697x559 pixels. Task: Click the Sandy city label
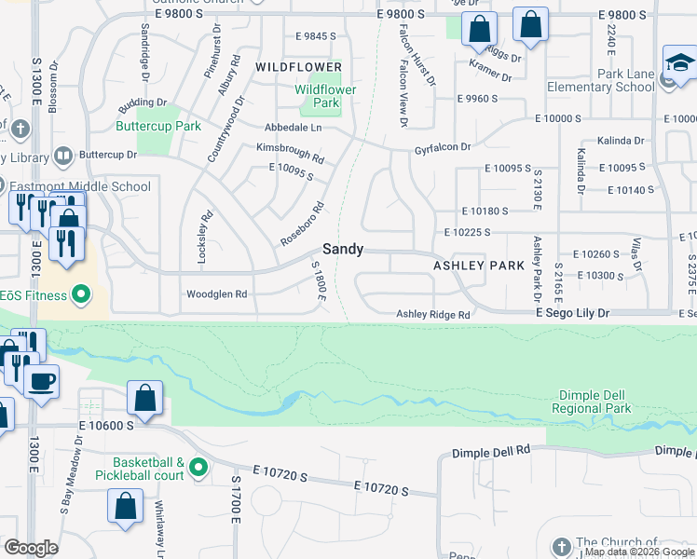(343, 250)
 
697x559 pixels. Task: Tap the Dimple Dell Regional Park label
(591, 402)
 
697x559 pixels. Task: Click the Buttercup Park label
(158, 126)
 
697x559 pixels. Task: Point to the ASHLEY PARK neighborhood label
(479, 266)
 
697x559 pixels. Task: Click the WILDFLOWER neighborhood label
(299, 68)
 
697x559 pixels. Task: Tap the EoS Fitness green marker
(81, 296)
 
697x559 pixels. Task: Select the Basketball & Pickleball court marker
(197, 467)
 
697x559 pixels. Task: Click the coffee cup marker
(41, 380)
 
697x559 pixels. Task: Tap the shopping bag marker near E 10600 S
(145, 399)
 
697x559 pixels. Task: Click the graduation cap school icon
(680, 62)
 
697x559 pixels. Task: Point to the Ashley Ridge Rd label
(434, 315)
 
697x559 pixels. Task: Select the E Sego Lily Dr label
(572, 315)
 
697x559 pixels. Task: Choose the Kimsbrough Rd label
(291, 153)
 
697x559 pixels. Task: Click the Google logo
(32, 548)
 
